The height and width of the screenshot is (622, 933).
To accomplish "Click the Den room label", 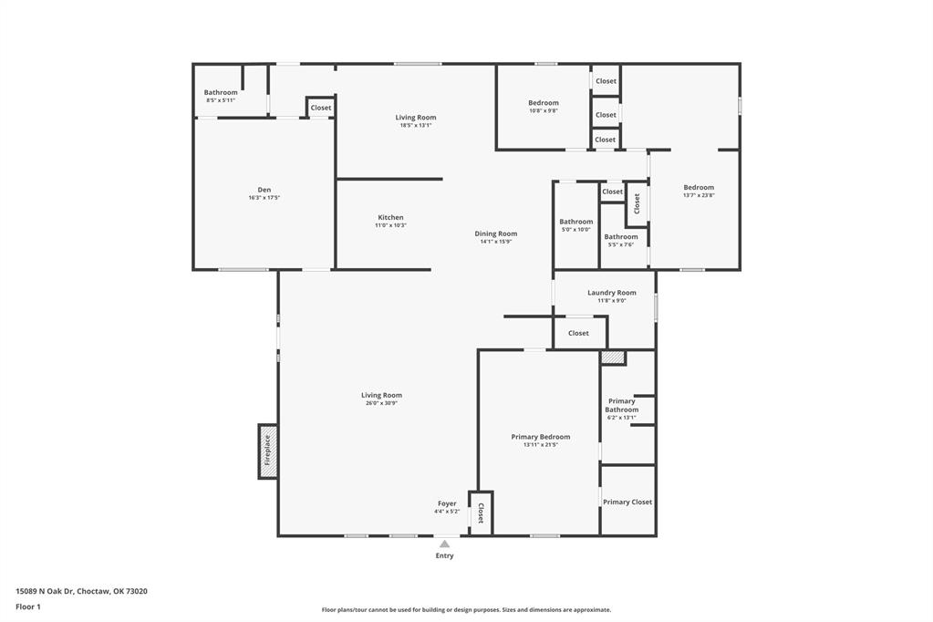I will pos(264,190).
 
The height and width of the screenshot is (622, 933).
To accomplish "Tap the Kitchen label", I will pos(390,218).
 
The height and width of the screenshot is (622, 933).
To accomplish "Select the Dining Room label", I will pos(495,233).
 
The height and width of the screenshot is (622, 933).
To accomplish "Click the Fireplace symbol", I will pos(268,451).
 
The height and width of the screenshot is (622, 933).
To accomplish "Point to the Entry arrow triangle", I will pos(444,544).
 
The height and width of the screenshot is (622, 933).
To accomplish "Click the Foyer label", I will pos(447,503).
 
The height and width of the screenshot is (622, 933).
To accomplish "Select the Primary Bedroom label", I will pos(541,437).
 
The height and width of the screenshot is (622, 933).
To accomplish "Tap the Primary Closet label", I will pos(627,502).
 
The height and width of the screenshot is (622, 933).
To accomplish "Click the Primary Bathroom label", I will pos(622,405).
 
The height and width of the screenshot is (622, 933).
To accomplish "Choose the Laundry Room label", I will pos(611,293).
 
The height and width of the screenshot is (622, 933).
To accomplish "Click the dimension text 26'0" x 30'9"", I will pos(381,403).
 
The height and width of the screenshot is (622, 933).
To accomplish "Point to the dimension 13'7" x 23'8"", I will pos(699,195).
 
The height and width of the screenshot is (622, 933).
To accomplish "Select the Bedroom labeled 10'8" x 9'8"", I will pos(544,103).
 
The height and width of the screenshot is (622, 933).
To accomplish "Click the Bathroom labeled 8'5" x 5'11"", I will pos(221,92).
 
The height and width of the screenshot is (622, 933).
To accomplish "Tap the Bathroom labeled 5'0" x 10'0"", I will pos(575,222).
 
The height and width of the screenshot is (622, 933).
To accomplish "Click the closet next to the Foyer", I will pos(481,513).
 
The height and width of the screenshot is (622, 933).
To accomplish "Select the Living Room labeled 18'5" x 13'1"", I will pos(416,117).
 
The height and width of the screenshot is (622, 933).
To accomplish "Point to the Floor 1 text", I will pos(28,606).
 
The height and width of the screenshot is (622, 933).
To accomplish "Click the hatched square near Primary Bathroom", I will pos(613,358).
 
